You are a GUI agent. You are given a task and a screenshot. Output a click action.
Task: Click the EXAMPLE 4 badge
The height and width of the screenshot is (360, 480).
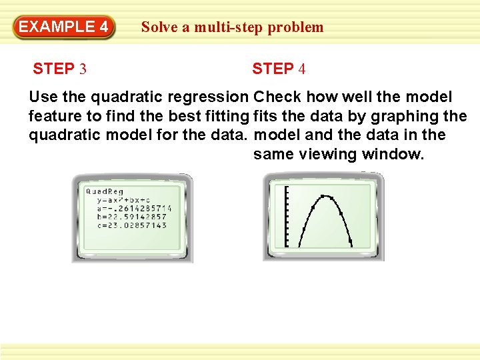pos(64,27)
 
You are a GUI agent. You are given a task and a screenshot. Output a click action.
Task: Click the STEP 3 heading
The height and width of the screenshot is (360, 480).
pos(59,69)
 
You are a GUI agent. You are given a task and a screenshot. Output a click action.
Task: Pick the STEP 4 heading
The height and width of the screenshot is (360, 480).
pos(279,69)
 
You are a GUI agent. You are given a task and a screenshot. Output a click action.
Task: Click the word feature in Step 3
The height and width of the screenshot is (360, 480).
pos(55,116)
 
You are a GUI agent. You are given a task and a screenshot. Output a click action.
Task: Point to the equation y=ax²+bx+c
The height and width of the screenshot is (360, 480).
pos(124,200)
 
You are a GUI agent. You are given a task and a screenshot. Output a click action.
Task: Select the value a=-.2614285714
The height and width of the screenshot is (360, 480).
pos(134,209)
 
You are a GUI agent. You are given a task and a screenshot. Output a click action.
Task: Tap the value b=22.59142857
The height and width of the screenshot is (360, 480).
pos(132,217)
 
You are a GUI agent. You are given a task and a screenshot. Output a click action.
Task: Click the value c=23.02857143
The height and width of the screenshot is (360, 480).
pos(132,225)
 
